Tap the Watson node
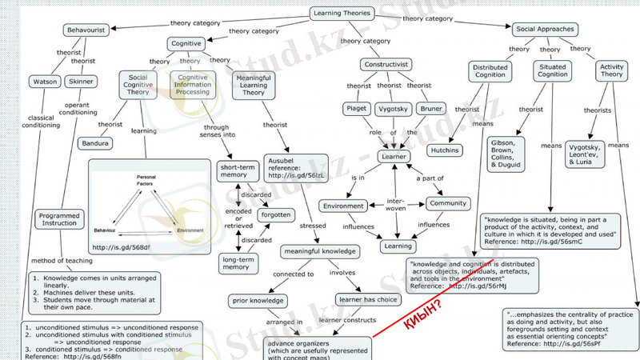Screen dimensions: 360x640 [x=42, y=82]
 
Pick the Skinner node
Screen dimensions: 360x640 [x=81, y=82]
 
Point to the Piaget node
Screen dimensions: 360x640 [x=354, y=108]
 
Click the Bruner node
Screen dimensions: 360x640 [x=431, y=108]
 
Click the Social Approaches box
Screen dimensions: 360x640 [x=545, y=30]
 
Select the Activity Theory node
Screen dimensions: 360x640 [x=611, y=70]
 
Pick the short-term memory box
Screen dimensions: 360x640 [x=235, y=172]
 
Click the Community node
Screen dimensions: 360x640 [x=447, y=203]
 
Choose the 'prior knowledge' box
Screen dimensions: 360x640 [x=257, y=301]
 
